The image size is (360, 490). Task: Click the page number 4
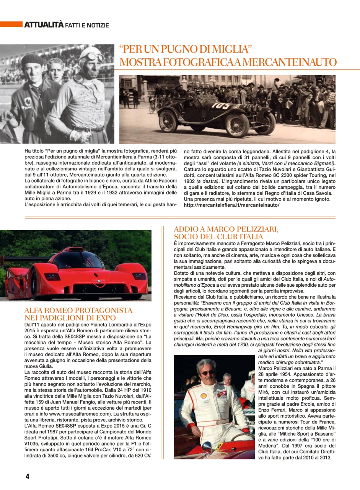coord(27,476)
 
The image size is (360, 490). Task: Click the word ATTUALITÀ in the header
coord(44,25)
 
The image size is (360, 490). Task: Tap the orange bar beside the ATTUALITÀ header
coord(11,25)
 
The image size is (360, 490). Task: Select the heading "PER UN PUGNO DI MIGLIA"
coord(186,49)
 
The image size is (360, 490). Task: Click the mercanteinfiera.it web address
coord(231,205)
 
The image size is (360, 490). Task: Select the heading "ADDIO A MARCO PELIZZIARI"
coord(226,229)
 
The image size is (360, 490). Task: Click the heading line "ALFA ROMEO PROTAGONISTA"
coord(78,310)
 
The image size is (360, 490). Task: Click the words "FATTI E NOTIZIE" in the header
coord(87,26)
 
